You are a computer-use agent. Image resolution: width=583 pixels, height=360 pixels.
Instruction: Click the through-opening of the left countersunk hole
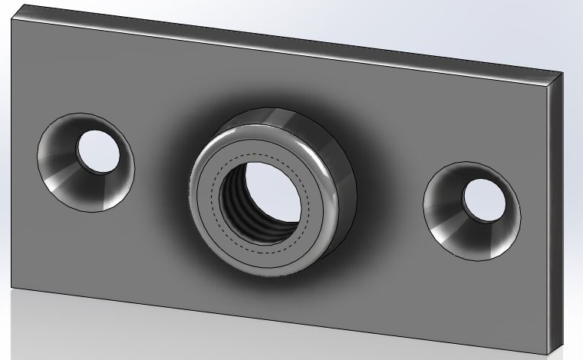pyautogui.click(x=98, y=151)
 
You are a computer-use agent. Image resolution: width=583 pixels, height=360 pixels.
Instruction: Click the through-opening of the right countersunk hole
pyautogui.click(x=484, y=200)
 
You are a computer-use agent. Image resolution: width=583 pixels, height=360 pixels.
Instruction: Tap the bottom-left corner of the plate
pyautogui.click(x=10, y=287)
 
